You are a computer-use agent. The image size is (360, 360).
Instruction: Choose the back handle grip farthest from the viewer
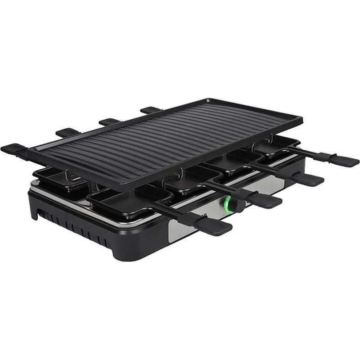tap(151, 109)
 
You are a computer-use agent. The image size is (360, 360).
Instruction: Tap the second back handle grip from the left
tap(67, 132)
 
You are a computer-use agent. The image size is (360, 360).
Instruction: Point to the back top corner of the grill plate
tap(208, 100)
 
